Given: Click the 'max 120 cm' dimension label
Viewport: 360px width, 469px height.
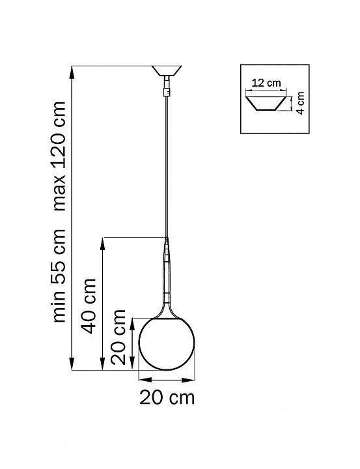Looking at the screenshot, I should click(61, 156).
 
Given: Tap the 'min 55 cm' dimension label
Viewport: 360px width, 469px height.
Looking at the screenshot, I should click(61, 276).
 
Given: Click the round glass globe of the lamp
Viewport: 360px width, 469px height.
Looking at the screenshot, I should click(167, 344).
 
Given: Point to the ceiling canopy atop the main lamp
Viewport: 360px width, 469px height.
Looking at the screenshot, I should click(168, 70).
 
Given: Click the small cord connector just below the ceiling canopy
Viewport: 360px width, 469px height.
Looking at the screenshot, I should click(168, 84).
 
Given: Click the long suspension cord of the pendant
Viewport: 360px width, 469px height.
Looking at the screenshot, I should click(168, 163).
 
